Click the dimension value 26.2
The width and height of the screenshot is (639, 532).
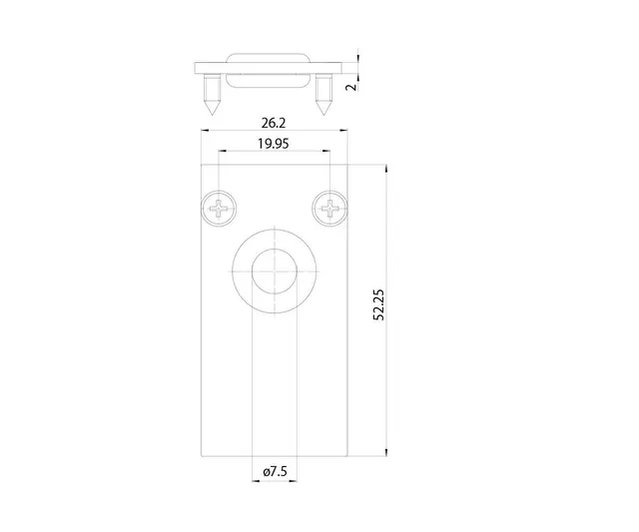click(275, 124)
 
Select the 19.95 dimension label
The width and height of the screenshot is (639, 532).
click(275, 144)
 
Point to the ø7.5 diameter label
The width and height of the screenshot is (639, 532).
click(275, 470)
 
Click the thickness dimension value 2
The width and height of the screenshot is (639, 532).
click(350, 87)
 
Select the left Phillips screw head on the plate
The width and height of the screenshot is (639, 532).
click(220, 208)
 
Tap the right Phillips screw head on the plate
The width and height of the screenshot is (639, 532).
click(329, 208)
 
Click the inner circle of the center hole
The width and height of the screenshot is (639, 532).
click(275, 272)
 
